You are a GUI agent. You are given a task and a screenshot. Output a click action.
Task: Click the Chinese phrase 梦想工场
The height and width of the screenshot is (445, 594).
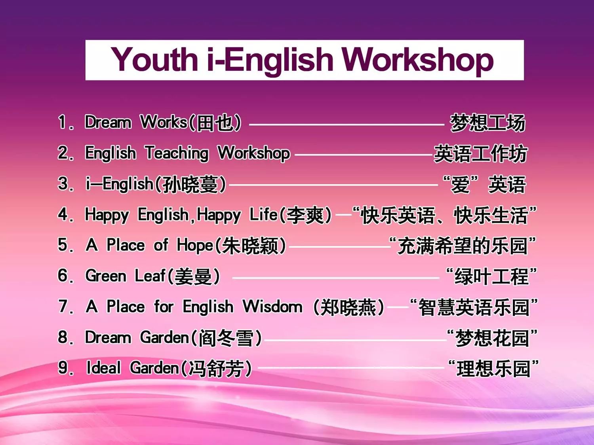pyautogui.click(x=487, y=123)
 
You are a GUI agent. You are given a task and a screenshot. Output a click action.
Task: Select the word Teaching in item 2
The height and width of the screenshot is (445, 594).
pyautogui.click(x=177, y=153)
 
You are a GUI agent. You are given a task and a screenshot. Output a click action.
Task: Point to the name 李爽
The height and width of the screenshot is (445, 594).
pyautogui.click(x=305, y=215)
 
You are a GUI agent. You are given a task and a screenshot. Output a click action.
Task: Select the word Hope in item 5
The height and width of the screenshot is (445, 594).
pyautogui.click(x=195, y=246)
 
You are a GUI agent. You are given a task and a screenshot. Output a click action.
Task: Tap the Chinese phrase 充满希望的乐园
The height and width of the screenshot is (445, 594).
pyautogui.click(x=463, y=246)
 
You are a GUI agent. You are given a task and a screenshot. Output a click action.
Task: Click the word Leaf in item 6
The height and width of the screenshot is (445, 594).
pyautogui.click(x=150, y=276)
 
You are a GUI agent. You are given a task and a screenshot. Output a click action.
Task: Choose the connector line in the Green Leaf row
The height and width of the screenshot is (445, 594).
pyautogui.click(x=335, y=278)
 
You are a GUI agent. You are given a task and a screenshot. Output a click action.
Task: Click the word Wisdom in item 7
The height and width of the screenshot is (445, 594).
pyautogui.click(x=272, y=307)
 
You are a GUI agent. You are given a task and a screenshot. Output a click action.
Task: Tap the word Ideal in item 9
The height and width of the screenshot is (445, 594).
pyautogui.click(x=103, y=368)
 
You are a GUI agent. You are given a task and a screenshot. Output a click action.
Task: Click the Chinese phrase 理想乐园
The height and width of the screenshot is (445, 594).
pyautogui.click(x=493, y=369)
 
